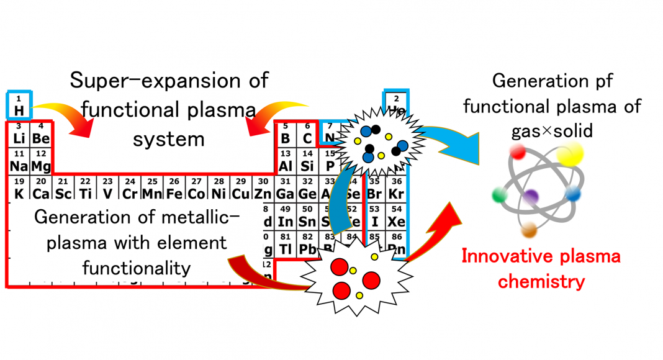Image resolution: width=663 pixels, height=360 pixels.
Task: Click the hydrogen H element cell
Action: pyautogui.click(x=19, y=105)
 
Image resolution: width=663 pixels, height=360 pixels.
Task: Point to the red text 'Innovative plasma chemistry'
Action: pyautogui.click(x=541, y=269)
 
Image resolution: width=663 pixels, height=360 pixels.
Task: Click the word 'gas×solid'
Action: pyautogui.click(x=552, y=132)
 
